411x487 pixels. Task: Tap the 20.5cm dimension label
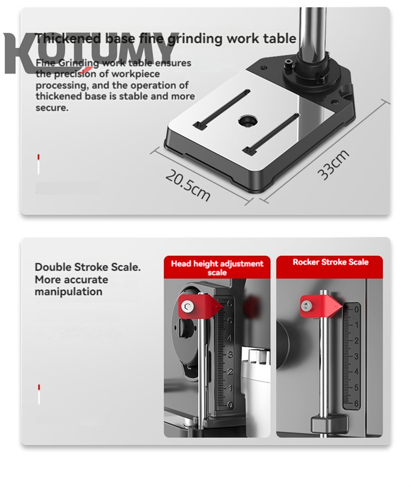(188, 185)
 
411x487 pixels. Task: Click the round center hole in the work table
(248, 122)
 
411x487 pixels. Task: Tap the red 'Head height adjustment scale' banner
(217, 267)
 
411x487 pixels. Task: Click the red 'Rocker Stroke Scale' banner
(330, 262)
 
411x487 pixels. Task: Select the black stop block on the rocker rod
(329, 424)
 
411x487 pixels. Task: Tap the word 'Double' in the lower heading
(53, 267)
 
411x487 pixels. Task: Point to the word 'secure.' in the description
(52, 108)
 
